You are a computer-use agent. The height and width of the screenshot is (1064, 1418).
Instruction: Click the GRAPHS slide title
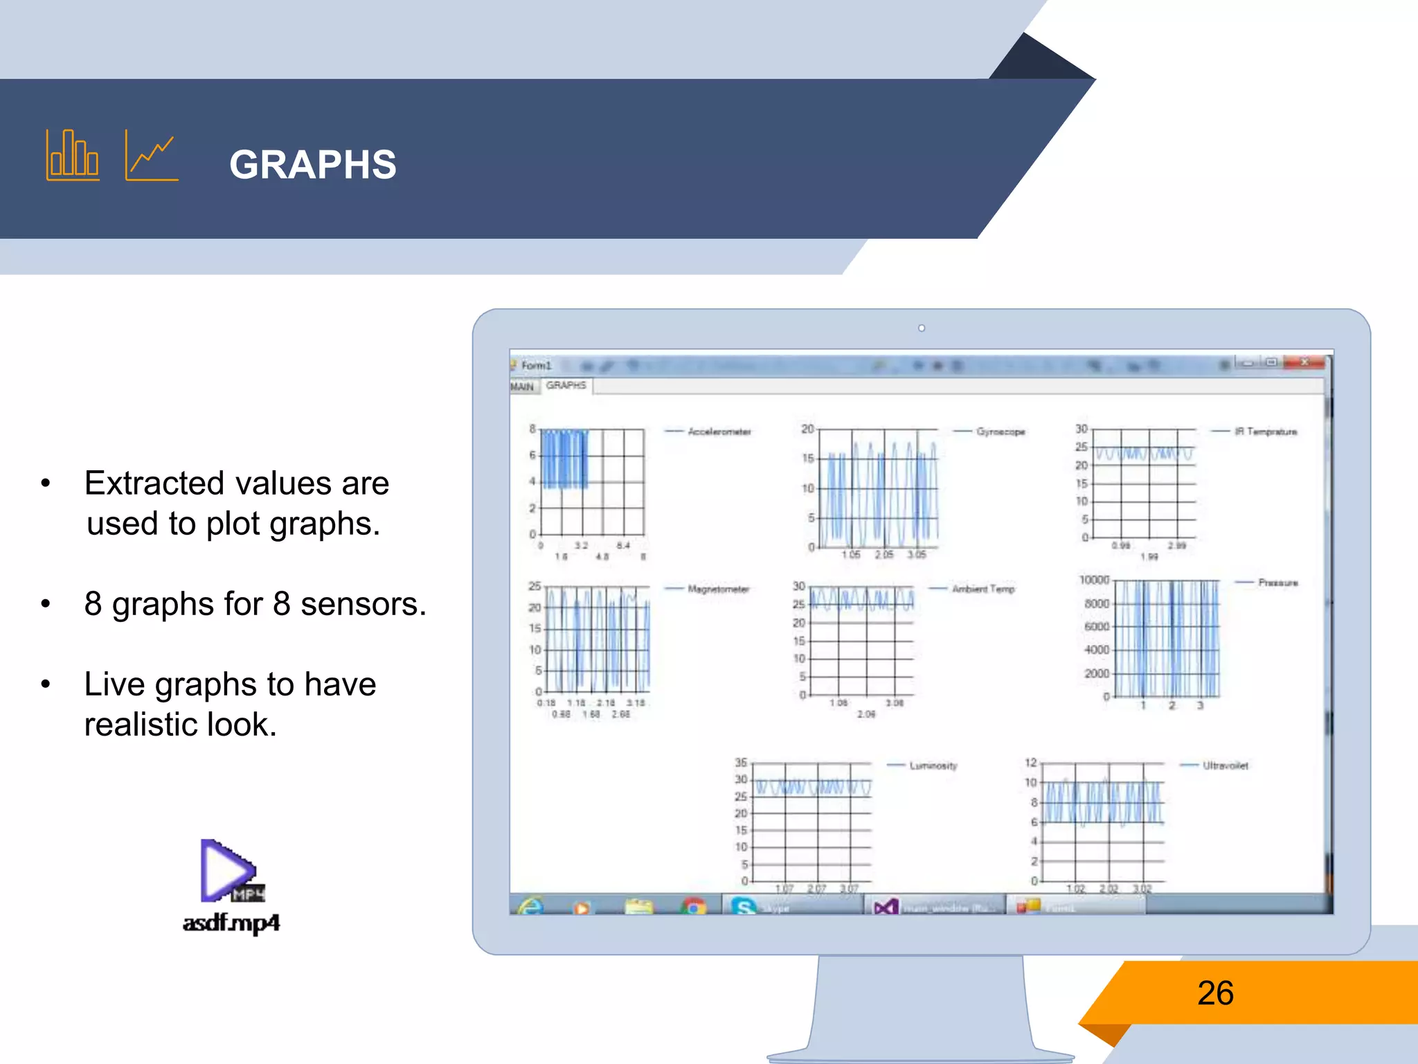click(313, 165)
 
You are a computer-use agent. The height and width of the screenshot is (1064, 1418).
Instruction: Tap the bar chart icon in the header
click(72, 155)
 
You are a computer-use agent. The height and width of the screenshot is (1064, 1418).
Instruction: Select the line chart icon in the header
click(152, 156)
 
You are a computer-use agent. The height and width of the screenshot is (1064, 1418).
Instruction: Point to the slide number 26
click(1215, 993)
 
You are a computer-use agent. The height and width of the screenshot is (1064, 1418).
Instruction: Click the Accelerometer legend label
click(719, 432)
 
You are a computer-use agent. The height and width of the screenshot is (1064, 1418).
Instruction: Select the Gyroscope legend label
click(1000, 432)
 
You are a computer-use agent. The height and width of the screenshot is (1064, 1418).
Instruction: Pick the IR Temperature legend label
click(1266, 432)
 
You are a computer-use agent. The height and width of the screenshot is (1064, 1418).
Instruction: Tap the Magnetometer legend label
click(719, 589)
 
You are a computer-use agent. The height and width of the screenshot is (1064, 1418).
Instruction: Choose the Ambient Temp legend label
click(983, 589)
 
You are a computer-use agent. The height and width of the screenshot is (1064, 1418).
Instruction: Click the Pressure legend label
click(1278, 583)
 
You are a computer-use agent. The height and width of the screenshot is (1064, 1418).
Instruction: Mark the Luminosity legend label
click(933, 765)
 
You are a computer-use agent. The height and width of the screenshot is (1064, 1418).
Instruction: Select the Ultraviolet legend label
click(1226, 765)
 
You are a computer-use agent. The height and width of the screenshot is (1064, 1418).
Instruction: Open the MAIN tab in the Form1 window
click(522, 387)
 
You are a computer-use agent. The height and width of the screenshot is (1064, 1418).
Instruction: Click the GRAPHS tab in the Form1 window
click(566, 385)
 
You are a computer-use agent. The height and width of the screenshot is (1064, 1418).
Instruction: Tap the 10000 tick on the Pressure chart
click(1094, 580)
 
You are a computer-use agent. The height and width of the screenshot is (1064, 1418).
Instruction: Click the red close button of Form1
click(1304, 362)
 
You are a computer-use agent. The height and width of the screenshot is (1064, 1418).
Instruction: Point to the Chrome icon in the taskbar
click(693, 906)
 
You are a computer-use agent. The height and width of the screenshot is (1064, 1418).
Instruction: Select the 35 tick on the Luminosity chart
click(741, 763)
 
